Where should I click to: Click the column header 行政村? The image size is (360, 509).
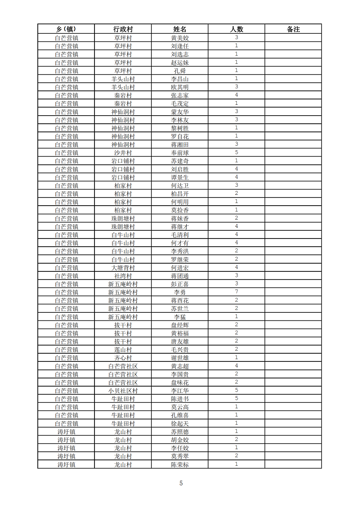123,29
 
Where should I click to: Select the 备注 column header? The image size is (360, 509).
293,29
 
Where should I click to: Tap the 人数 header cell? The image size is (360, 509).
236,29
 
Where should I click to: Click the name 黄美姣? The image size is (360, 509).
180,38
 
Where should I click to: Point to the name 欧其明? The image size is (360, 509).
180,87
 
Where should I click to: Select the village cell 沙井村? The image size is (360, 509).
123,153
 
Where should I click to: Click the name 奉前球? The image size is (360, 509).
180,153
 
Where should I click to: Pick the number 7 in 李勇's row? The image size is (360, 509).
236,292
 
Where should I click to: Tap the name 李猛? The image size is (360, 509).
180,317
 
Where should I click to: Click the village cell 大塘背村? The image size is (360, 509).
123,268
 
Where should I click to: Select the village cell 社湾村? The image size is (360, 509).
123,276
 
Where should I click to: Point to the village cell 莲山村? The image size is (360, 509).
123,350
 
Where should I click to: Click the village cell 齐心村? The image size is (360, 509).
123,358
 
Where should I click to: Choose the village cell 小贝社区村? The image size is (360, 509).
123,391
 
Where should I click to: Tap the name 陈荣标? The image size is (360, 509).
180,464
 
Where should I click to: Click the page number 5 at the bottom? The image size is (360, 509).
181,483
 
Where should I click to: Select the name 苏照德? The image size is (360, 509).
180,432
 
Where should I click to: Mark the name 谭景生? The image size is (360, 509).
180,177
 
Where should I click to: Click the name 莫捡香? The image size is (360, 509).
180,210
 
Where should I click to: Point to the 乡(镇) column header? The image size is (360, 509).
66,29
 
